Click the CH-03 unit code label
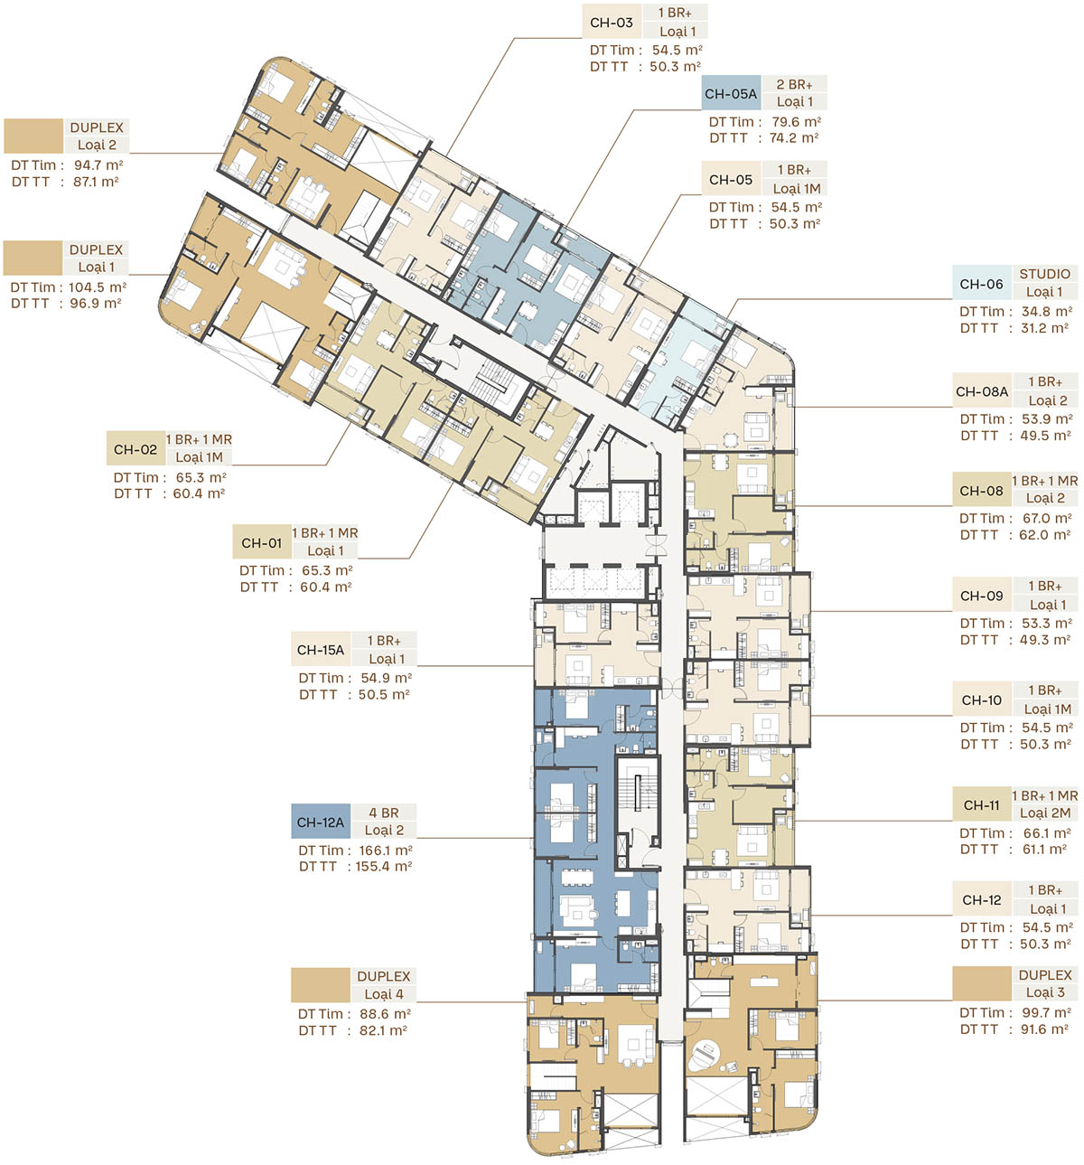[x=612, y=23]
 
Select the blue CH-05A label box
[x=731, y=93]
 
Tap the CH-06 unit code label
[x=981, y=283]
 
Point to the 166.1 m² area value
[x=386, y=850]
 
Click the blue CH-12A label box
[x=321, y=821]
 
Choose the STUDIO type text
[x=1044, y=273]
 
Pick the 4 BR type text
[x=384, y=813]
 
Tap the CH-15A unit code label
[x=321, y=649]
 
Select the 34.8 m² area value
[x=1046, y=311]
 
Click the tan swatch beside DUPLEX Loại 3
[x=982, y=983]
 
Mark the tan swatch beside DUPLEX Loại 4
[x=321, y=985]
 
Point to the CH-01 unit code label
[x=262, y=542]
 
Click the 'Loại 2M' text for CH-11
[x=1045, y=813]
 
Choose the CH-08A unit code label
[x=982, y=391]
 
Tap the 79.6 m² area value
[x=796, y=121]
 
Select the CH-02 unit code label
[x=135, y=449]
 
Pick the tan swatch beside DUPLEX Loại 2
[x=33, y=136]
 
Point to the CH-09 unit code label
[x=982, y=596]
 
